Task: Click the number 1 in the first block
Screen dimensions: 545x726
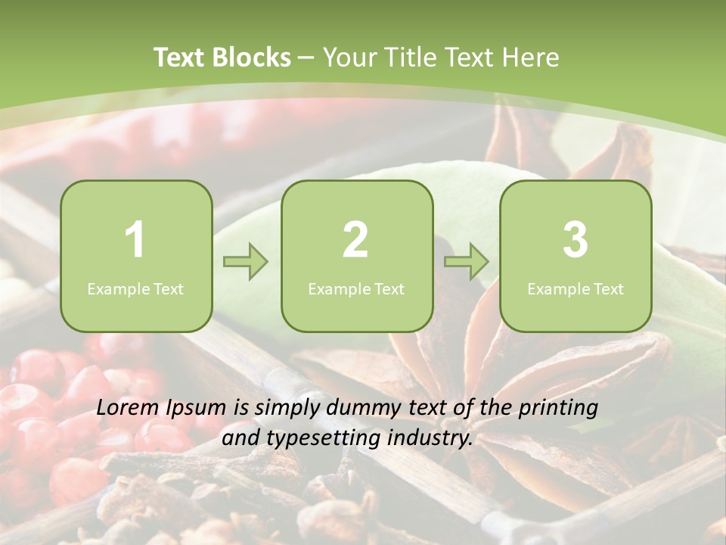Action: point(135,240)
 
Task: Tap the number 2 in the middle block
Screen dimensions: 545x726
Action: point(355,240)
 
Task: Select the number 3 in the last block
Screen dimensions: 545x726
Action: point(576,240)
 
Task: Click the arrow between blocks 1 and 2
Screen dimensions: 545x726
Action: point(246,263)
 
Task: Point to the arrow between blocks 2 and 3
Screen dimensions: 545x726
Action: point(467,263)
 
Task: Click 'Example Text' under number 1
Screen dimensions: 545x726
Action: point(135,288)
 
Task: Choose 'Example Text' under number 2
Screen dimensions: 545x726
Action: point(356,288)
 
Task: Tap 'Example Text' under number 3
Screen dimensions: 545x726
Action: point(576,288)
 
